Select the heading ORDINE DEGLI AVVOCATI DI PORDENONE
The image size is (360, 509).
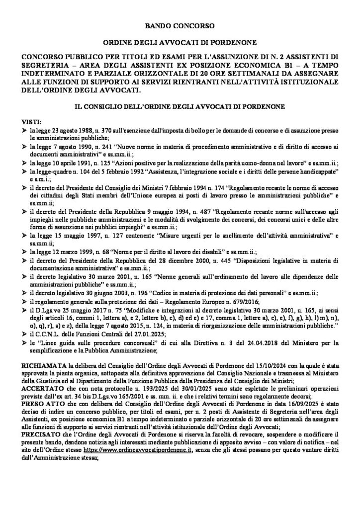tap(180, 44)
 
